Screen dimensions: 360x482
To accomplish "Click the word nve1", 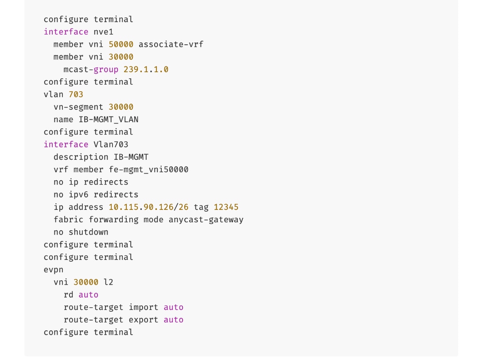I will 103,32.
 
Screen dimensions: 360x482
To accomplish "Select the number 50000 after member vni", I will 121,44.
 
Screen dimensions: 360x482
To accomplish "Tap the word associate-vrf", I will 171,44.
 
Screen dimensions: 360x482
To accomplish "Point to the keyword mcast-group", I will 91,70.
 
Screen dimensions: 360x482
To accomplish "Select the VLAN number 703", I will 76,94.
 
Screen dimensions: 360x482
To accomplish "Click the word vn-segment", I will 78,107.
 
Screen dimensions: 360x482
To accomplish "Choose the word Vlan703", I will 111,144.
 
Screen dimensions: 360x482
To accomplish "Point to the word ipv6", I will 78,194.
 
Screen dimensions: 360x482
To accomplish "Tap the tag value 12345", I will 226,207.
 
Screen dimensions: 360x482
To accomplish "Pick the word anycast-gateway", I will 206,220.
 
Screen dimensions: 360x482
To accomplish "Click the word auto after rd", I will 88,295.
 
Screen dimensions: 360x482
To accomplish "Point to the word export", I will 144,320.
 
